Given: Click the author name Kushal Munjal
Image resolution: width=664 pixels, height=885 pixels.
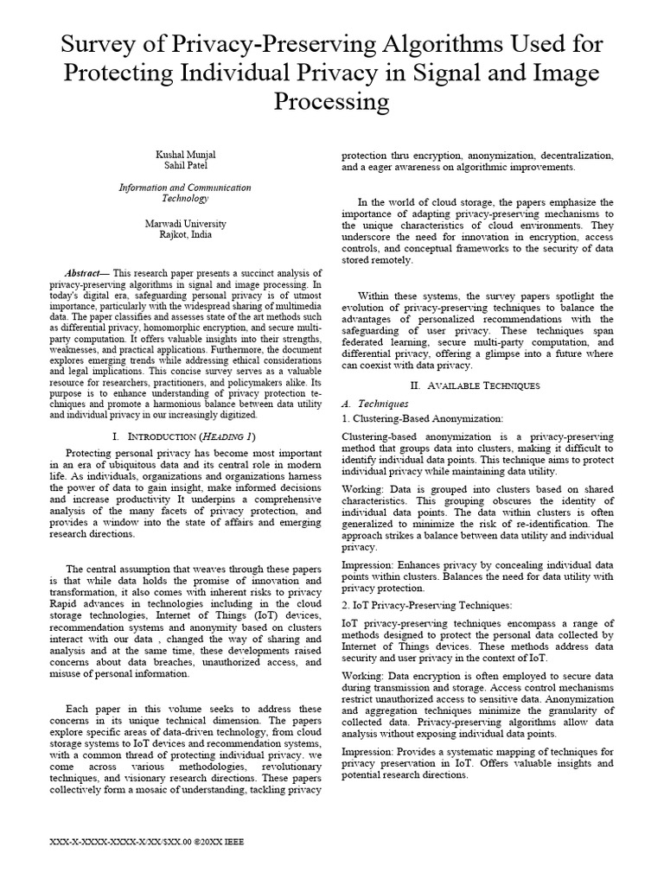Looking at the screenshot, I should click(185, 154).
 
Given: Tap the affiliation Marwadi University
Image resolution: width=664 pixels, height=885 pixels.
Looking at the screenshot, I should click(185, 223).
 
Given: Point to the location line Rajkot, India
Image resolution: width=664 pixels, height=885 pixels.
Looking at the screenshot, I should click(185, 234).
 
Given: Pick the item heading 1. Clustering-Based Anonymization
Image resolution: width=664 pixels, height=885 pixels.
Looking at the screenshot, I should click(423, 417).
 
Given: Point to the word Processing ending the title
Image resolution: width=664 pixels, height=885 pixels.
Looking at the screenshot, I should click(332, 102).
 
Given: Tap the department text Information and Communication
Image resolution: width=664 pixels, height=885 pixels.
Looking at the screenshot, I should click(185, 188).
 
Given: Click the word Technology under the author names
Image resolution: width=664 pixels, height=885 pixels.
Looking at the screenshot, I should click(185, 199).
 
